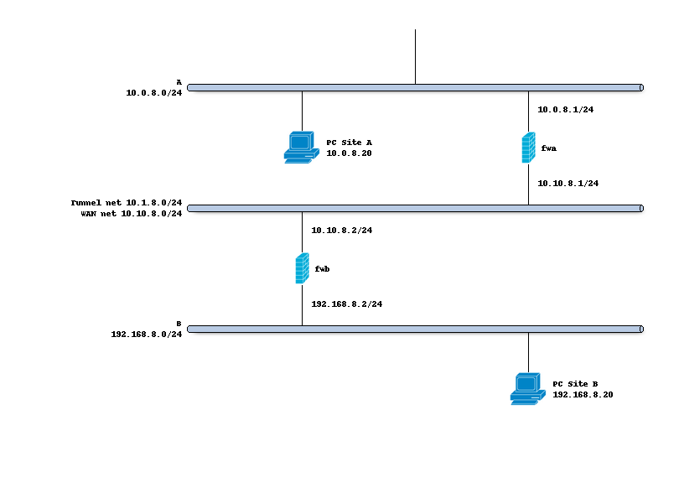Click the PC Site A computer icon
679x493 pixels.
[301, 147]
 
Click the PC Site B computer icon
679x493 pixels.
[527, 389]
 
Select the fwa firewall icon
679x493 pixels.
[528, 148]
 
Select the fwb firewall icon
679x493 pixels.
[302, 268]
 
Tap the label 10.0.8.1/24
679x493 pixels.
[565, 109]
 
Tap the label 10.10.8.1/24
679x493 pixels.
[568, 183]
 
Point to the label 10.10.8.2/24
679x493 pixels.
[341, 230]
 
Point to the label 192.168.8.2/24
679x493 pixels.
[347, 304]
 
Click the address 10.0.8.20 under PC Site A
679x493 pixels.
[349, 153]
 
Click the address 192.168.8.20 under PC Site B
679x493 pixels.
[583, 394]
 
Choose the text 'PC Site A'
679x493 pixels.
[349, 143]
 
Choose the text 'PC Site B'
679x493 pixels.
[576, 383]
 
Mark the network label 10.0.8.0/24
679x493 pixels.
[154, 92]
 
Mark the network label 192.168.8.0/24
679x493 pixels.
[147, 334]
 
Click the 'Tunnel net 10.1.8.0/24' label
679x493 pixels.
[127, 203]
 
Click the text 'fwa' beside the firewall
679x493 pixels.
[549, 148]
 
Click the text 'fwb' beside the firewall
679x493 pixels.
[323, 269]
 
